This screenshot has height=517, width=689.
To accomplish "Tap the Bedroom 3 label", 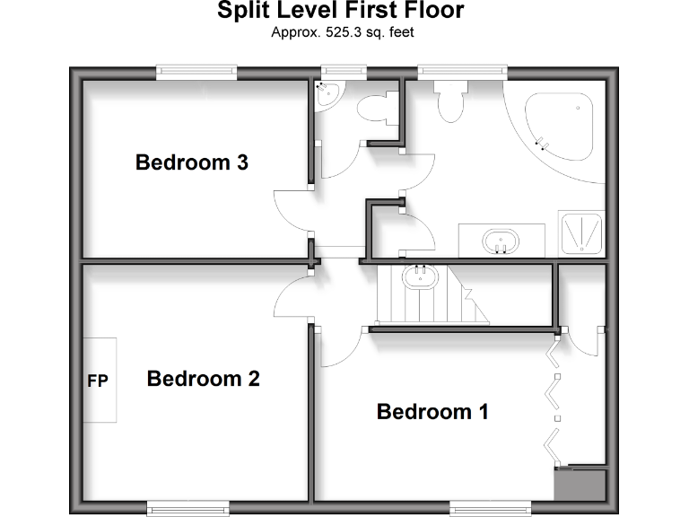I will coord(191,162).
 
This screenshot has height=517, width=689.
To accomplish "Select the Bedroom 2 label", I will coord(203,379).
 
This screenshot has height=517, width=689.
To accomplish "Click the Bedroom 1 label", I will coord(432,412).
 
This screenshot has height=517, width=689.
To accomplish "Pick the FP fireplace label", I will coord(97,381).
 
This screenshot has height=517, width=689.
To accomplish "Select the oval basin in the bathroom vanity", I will coord(500,241).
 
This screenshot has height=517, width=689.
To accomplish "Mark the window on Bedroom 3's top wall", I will coord(196,71).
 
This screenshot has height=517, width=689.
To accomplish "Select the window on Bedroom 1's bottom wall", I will coord(485,507).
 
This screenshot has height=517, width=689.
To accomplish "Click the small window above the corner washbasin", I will coord(344,71).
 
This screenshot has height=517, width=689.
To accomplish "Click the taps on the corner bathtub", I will coord(541,141).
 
